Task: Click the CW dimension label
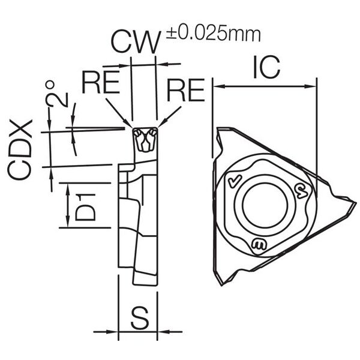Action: [135, 43]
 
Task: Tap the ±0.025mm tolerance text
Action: [214, 34]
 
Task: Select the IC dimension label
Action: [266, 67]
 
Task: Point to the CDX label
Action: [20, 149]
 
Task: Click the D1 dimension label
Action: [85, 208]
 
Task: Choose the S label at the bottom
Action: [140, 318]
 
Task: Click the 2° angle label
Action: [57, 94]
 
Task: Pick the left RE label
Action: [101, 82]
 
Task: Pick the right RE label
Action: [186, 90]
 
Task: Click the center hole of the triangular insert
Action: [265, 205]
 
